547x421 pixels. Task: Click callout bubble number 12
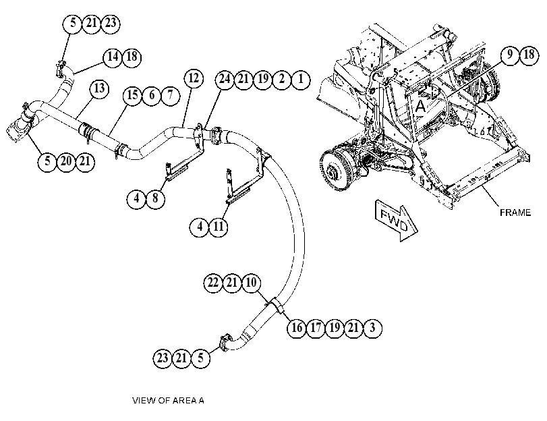194,78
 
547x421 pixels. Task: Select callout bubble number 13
99,88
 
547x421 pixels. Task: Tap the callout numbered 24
225,79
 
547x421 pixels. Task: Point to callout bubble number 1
301,79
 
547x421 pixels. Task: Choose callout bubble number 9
510,55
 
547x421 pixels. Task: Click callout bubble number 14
113,57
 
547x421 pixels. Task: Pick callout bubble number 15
133,95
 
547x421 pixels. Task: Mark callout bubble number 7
170,95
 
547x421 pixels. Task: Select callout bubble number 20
66,162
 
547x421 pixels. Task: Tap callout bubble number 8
155,198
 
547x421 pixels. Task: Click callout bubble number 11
219,227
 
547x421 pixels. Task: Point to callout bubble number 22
213,283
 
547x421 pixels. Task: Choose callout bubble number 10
251,283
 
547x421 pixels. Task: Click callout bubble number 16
297,328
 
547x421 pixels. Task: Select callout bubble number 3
372,328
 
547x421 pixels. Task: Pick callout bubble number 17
316,328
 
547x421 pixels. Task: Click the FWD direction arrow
397,221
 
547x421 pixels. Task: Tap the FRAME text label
515,213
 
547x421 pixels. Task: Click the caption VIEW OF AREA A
168,400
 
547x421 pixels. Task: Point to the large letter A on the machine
421,106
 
